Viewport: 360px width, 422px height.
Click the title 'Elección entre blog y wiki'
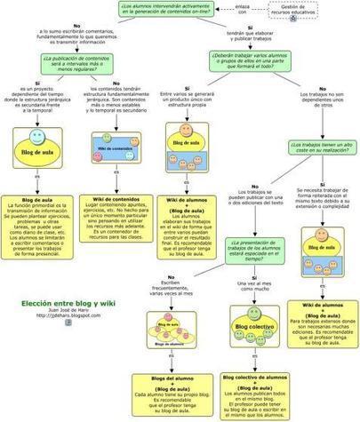70,300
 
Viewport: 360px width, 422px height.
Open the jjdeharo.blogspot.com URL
70,315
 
